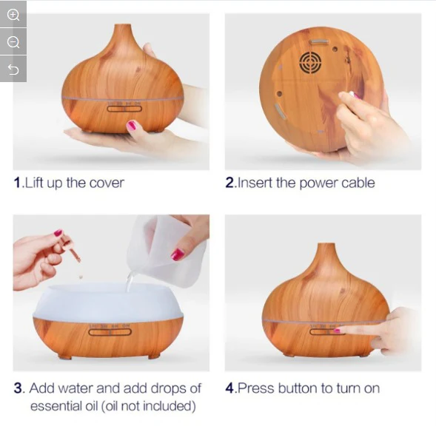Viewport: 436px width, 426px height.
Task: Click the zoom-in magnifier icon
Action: (13, 15)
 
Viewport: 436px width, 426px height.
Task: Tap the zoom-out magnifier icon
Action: (13, 42)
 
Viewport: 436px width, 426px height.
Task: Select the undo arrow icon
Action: (13, 70)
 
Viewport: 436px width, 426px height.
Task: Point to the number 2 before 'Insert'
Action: (230, 183)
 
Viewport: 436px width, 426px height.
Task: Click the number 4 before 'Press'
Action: (229, 388)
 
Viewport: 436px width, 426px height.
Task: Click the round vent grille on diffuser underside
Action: (310, 62)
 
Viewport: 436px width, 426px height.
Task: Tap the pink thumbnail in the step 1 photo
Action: (132, 125)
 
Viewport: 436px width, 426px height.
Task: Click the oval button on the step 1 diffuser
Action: (124, 109)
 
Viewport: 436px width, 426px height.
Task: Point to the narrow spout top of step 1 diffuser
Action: (122, 27)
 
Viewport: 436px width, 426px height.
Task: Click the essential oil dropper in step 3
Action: (72, 248)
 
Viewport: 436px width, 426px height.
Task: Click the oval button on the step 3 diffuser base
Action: (110, 332)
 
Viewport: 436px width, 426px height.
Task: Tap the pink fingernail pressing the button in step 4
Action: (337, 331)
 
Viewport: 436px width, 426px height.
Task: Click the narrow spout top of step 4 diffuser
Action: (326, 246)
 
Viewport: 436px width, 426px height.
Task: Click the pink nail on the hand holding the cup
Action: (178, 254)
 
